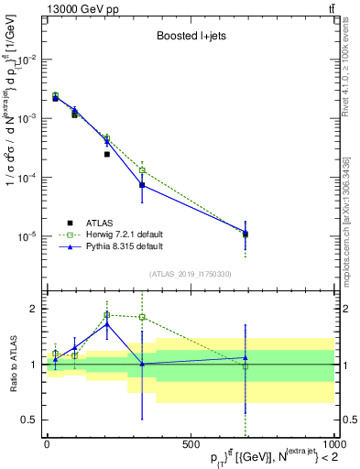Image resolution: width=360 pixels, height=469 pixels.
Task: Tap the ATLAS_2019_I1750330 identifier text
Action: coord(191,274)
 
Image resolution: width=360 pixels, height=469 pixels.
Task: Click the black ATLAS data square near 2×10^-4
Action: coord(107,154)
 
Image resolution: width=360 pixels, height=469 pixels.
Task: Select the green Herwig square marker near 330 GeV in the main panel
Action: coord(142,170)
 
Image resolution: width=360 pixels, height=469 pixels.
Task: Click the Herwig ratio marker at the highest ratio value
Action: coord(107,314)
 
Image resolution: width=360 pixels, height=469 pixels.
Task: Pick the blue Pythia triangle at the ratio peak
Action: coord(107,323)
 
